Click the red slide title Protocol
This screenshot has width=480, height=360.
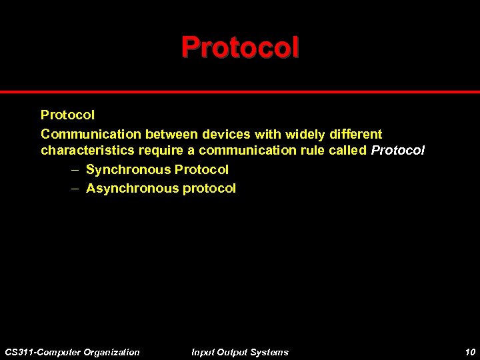pyautogui.click(x=240, y=47)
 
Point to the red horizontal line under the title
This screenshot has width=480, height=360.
pyautogui.click(x=240, y=92)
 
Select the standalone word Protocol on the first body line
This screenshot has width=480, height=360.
pyautogui.click(x=67, y=115)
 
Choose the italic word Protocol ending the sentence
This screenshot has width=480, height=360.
pyautogui.click(x=397, y=151)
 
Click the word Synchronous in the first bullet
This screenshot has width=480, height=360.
pyautogui.click(x=128, y=170)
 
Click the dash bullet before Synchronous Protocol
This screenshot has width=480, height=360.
pyautogui.click(x=75, y=170)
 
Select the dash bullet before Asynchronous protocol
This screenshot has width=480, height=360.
pyautogui.click(x=75, y=189)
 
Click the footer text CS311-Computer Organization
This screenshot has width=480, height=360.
pyautogui.click(x=72, y=352)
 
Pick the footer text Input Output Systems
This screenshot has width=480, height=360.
pyautogui.click(x=239, y=352)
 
